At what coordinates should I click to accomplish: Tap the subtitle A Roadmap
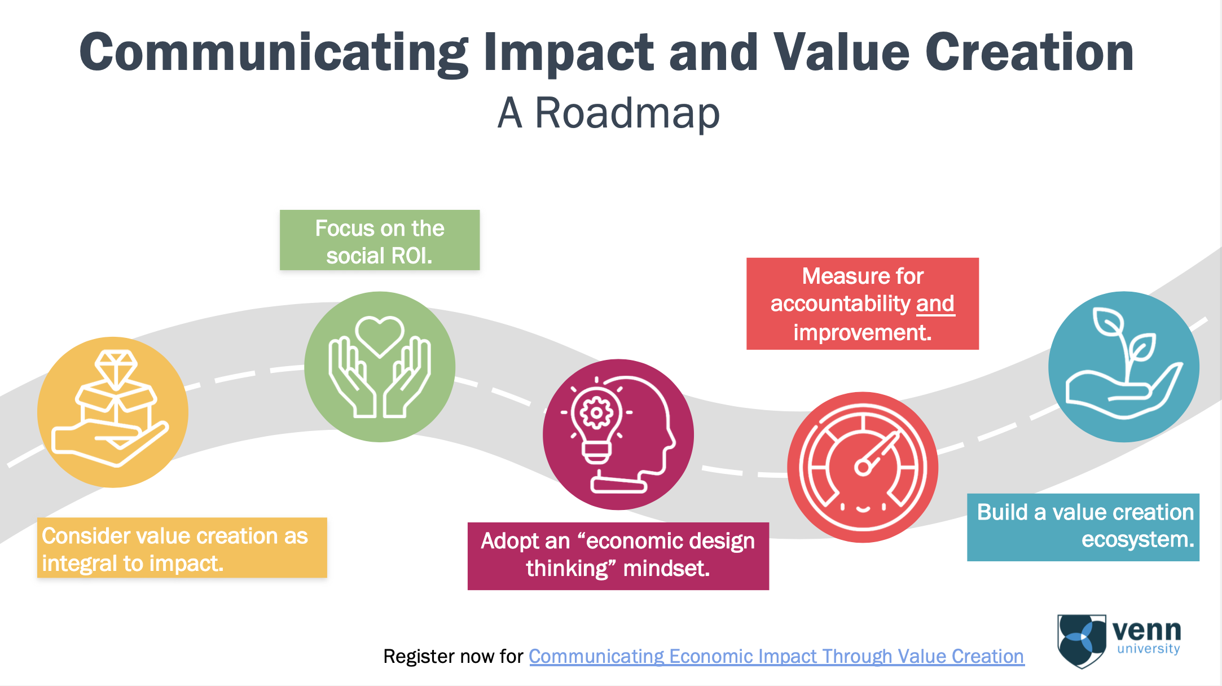[x=608, y=113]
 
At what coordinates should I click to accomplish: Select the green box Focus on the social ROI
[x=380, y=241]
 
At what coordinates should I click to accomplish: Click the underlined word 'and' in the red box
[x=935, y=304]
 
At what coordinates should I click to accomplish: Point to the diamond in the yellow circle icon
[x=116, y=367]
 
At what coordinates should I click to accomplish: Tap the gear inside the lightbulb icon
[x=596, y=412]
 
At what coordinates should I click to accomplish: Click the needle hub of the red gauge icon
[x=862, y=467]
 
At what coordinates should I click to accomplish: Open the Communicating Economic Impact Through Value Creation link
[x=776, y=656]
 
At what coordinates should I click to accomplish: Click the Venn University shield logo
[x=1081, y=641]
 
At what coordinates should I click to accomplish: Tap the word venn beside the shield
[x=1146, y=630]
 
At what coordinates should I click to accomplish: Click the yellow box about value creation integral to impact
[x=182, y=548]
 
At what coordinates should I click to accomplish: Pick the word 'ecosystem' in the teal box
[x=1137, y=540]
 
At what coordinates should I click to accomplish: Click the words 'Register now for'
[x=453, y=656]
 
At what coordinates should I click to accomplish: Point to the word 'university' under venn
[x=1148, y=649]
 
